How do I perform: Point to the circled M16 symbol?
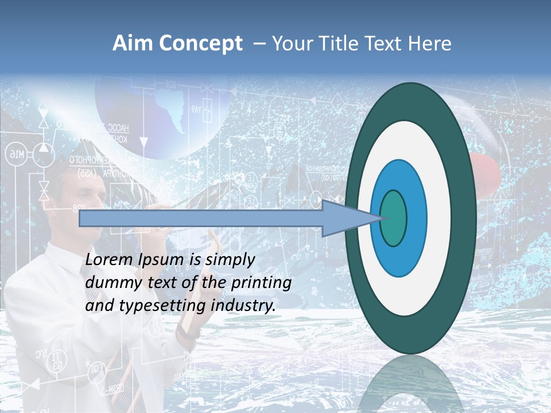[16, 154]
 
